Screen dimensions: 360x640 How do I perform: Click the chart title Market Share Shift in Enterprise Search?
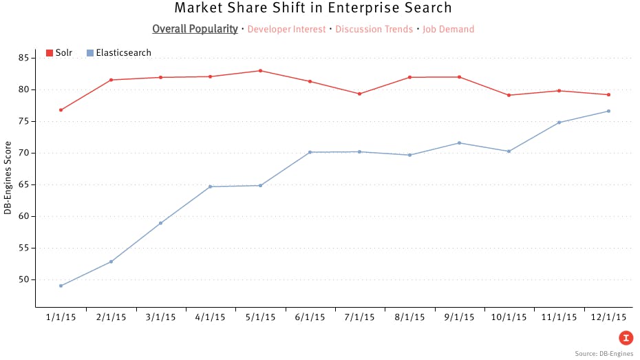pos(313,8)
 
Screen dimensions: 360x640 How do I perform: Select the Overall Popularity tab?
pos(195,29)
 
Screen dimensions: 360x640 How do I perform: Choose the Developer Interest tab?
pos(286,29)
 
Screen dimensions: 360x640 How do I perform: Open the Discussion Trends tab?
pos(374,29)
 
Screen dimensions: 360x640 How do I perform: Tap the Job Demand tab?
pos(448,29)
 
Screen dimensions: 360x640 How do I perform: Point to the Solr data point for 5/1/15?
pos(260,71)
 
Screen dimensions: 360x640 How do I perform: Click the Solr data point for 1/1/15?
pos(61,110)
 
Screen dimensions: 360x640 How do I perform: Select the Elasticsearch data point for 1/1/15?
pos(61,286)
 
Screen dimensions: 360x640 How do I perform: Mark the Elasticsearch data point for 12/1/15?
pos(609,111)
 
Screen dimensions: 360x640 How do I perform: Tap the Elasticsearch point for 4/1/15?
pos(211,187)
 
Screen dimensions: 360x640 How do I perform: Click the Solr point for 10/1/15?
pos(509,95)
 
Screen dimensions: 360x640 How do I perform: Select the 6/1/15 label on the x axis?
pos(310,317)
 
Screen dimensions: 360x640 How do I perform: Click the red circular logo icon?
pos(626,337)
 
